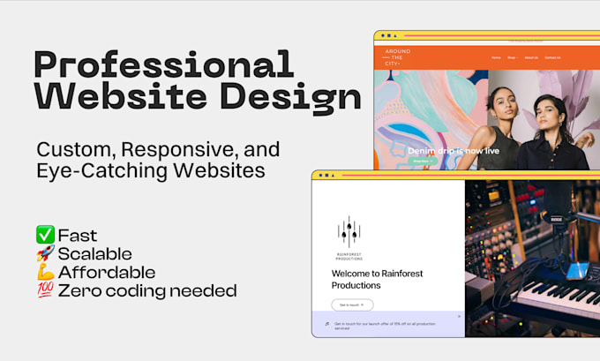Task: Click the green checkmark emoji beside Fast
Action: (x=45, y=236)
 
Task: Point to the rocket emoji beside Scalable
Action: (x=45, y=254)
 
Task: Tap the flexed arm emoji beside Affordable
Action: (x=45, y=272)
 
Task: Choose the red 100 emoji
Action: (x=45, y=290)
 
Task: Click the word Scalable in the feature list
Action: (x=94, y=254)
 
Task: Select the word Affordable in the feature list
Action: (x=107, y=272)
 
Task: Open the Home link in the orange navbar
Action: (x=496, y=57)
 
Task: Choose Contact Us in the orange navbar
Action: (x=552, y=57)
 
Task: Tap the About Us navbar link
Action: (x=531, y=57)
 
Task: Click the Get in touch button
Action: (x=352, y=305)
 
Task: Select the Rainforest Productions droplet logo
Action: (x=349, y=231)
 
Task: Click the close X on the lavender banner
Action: (x=458, y=316)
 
